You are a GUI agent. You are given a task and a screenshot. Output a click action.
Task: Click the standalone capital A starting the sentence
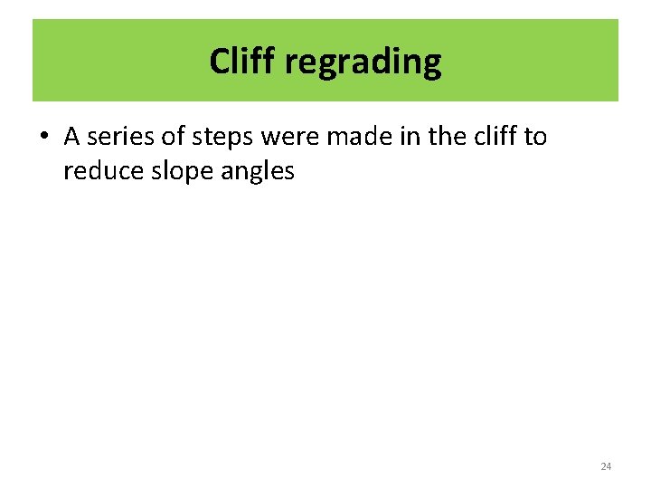point(72,136)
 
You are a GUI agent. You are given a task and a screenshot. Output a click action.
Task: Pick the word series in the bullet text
point(120,136)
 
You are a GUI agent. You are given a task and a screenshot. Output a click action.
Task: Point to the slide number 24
point(606,466)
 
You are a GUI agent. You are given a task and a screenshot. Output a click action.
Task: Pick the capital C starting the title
point(218,62)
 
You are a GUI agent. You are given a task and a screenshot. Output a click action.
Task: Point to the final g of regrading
point(432,65)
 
